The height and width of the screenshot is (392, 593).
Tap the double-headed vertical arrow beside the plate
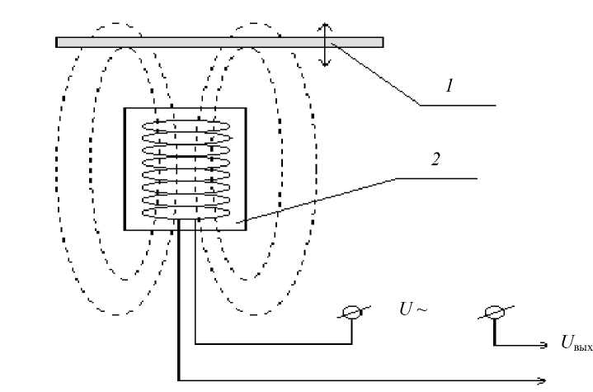pyautogui.click(x=326, y=43)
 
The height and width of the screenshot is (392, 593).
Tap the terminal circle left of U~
pyautogui.click(x=351, y=312)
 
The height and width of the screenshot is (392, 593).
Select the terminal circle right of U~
pyautogui.click(x=494, y=312)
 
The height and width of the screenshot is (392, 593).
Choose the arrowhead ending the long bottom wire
pyautogui.click(x=542, y=380)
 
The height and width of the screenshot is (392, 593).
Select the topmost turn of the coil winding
pyautogui.click(x=186, y=126)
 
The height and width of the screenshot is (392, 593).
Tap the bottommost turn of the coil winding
pyautogui.click(x=186, y=214)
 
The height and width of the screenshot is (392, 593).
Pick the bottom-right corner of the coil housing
pyautogui.click(x=246, y=229)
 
